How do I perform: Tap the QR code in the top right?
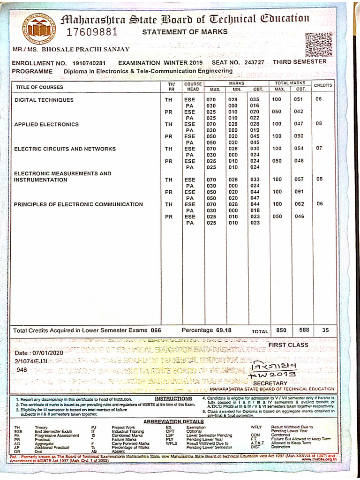click(x=318, y=45)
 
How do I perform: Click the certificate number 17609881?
click(x=91, y=32)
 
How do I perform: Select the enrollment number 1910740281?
click(x=89, y=63)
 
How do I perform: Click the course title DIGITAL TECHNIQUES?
click(x=44, y=100)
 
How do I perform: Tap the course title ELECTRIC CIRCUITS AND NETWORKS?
click(x=65, y=149)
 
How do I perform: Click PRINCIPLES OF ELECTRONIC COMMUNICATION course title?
click(x=78, y=204)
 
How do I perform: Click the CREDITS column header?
click(x=322, y=85)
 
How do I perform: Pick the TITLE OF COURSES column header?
click(x=39, y=87)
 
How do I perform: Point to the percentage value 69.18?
click(x=222, y=330)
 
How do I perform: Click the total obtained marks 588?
click(x=304, y=330)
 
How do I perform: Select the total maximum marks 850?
click(x=281, y=330)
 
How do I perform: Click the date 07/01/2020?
click(x=45, y=352)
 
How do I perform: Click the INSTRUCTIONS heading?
click(x=173, y=399)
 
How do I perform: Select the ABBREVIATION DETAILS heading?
click(x=173, y=421)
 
